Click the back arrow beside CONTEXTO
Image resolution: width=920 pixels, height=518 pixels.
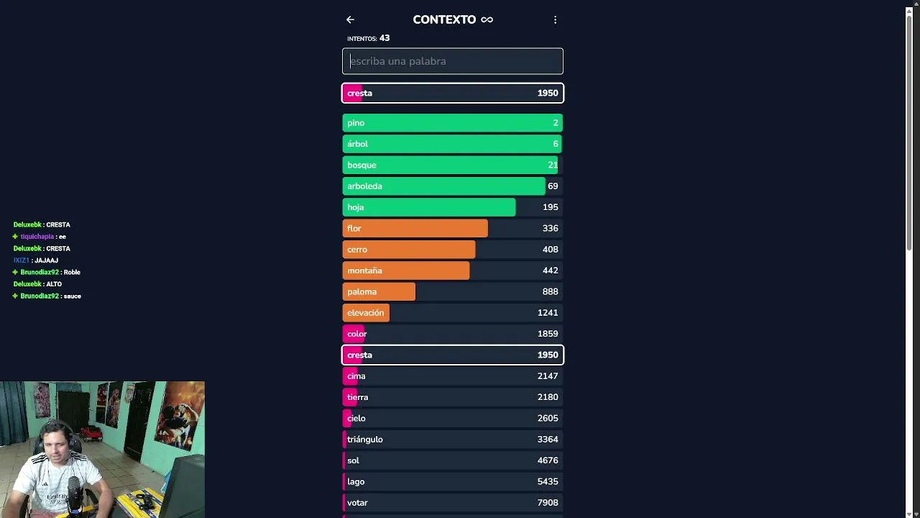(x=350, y=19)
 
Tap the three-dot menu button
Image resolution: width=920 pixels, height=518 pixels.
(x=555, y=19)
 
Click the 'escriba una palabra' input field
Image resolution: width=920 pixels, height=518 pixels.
(x=453, y=61)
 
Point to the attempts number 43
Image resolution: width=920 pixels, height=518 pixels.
(x=385, y=38)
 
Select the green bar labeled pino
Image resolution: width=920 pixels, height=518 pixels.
(x=452, y=123)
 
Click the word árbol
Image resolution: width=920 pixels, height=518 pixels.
(x=357, y=144)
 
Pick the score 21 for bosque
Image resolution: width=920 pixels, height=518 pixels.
(x=553, y=165)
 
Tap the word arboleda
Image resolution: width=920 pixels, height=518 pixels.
(x=364, y=186)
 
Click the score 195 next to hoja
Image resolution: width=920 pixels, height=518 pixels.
(x=551, y=207)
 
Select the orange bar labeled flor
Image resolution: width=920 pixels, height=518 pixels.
(x=415, y=228)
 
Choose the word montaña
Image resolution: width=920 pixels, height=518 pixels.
(x=364, y=271)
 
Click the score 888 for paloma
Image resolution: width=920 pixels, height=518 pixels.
(x=551, y=291)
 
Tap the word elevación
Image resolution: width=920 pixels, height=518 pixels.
(x=366, y=313)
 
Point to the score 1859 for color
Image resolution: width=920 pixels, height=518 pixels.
(x=548, y=334)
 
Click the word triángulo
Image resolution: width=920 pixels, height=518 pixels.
(x=365, y=440)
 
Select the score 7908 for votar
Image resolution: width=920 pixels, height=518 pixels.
(x=548, y=503)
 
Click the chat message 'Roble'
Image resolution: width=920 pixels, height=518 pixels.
(x=72, y=272)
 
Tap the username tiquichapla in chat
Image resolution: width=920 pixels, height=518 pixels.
(x=37, y=237)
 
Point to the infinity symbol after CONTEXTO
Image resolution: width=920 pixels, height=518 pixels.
(x=487, y=19)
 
